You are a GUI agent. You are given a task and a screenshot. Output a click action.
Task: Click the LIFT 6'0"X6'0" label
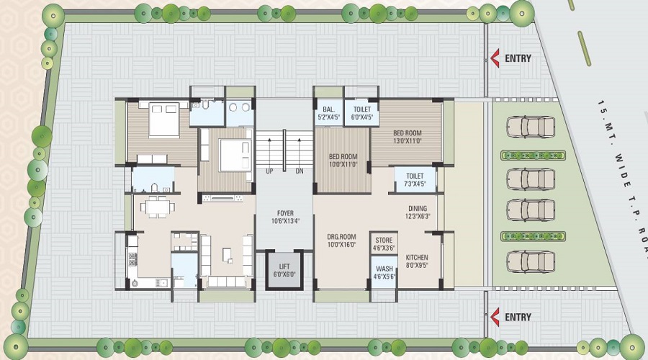pyautogui.click(x=284, y=270)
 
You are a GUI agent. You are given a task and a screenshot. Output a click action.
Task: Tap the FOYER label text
pyautogui.click(x=285, y=213)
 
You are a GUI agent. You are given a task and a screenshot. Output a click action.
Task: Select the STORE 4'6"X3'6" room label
pyautogui.click(x=384, y=244)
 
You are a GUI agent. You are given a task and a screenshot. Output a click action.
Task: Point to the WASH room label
pyautogui.click(x=384, y=269)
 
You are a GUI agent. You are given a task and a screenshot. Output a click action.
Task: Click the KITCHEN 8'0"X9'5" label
pyautogui.click(x=417, y=261)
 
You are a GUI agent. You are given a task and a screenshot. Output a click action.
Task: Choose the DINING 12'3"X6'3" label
pyautogui.click(x=418, y=212)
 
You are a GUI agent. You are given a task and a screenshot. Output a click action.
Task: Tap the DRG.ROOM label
pyautogui.click(x=341, y=237)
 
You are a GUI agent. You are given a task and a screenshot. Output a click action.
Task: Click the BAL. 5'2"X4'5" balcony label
pyautogui.click(x=328, y=113)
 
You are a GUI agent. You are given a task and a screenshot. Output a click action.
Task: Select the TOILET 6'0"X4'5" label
pyautogui.click(x=362, y=113)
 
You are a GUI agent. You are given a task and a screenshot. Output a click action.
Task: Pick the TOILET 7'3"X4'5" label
pyautogui.click(x=415, y=180)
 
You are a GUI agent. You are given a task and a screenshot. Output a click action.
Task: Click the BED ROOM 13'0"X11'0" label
pyautogui.click(x=408, y=137)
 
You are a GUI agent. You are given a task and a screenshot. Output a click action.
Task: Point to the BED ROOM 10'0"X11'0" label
pyautogui.click(x=343, y=161)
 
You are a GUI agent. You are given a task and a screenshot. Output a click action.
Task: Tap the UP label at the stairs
pyautogui.click(x=269, y=171)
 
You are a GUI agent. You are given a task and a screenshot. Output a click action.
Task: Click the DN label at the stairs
pyautogui.click(x=300, y=171)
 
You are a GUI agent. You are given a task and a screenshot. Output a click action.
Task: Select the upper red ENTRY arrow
pyautogui.click(x=495, y=58)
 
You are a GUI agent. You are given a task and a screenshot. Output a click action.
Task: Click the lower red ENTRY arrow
pyautogui.click(x=495, y=317)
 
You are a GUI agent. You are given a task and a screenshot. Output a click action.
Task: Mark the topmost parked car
pyautogui.click(x=531, y=127)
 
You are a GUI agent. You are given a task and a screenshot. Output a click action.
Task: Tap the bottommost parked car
pyautogui.click(x=531, y=262)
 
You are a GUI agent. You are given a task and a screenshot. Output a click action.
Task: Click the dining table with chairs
pyautogui.click(x=155, y=207)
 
